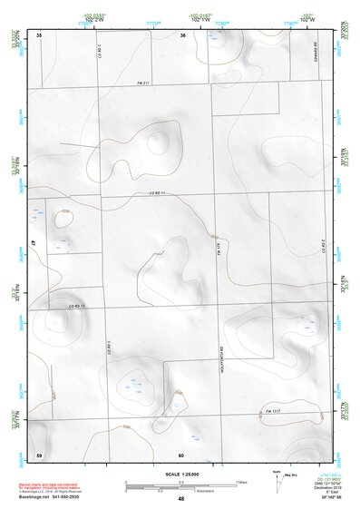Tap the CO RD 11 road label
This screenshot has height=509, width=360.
[x=160, y=194]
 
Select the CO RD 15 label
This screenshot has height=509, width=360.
[x=75, y=307]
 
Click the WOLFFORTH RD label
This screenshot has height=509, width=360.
[x=221, y=349]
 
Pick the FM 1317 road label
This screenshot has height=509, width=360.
[x=274, y=411]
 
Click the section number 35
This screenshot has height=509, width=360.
[x=39, y=34]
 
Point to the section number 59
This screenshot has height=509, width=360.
[x=39, y=453]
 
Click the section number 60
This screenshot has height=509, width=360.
[x=181, y=454]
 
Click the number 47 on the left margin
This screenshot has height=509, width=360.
[x=33, y=244]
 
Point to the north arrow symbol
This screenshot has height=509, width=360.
[x=276, y=483]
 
